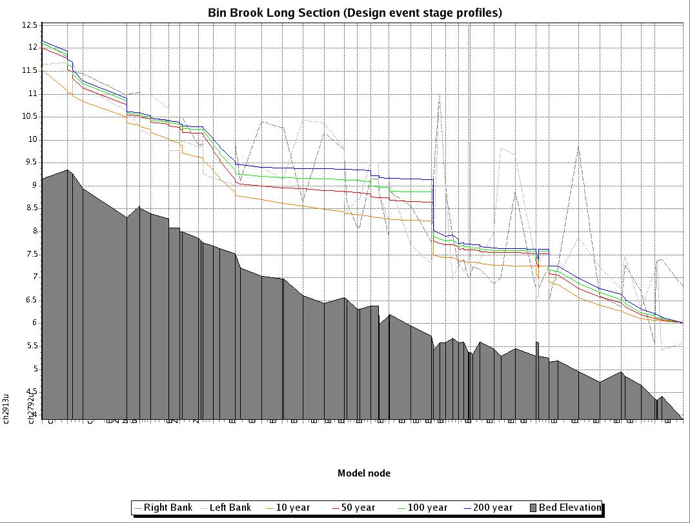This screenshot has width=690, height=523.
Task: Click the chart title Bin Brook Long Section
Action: tap(354, 12)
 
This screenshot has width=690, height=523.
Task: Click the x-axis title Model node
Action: tap(363, 473)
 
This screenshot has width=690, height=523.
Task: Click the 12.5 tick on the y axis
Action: tap(30, 25)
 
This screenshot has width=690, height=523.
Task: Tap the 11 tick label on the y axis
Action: tap(32, 94)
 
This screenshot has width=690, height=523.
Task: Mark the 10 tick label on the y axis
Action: tap(32, 139)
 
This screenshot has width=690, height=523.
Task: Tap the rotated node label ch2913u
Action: tap(6, 408)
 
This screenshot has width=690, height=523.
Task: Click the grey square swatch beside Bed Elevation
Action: tap(533, 508)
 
